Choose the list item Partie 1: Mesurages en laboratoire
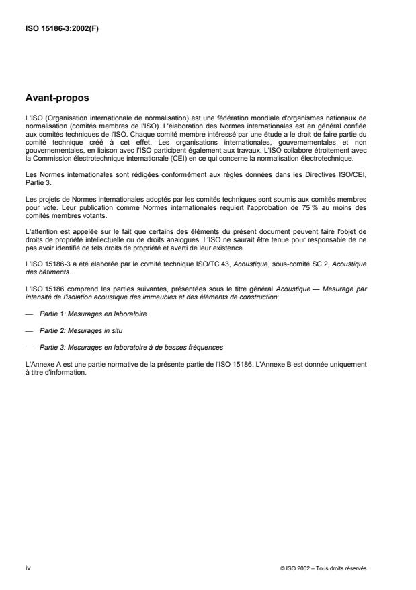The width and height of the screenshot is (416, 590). coord(93,294)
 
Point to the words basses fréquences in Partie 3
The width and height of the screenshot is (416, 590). coord(193,328)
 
